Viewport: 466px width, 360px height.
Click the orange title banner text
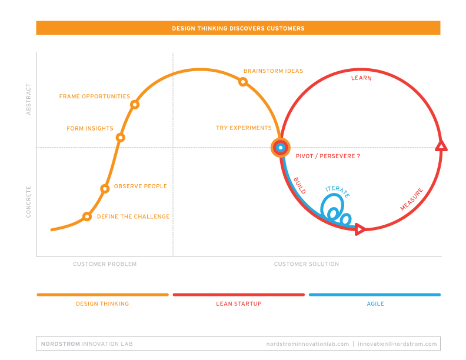click(x=238, y=28)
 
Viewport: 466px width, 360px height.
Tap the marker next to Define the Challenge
click(x=87, y=216)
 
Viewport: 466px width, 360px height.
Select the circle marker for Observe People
click(x=105, y=189)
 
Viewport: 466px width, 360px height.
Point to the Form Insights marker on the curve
click(x=120, y=138)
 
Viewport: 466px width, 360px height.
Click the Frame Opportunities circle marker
click(x=135, y=105)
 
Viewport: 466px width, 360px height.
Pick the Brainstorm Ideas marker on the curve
click(x=242, y=82)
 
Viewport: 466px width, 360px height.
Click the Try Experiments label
click(x=244, y=128)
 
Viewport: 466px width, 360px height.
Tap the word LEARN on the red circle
click(x=361, y=78)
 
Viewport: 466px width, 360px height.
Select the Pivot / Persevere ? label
click(x=328, y=156)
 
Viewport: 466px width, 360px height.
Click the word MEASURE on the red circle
click(x=412, y=199)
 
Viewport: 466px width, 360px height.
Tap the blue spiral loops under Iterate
click(x=332, y=211)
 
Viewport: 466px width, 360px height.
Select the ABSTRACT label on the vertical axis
click(x=28, y=102)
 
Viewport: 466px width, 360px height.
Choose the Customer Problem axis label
click(x=105, y=264)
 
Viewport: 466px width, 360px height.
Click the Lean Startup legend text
click(x=238, y=304)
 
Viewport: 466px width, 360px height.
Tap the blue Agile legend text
click(x=374, y=304)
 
